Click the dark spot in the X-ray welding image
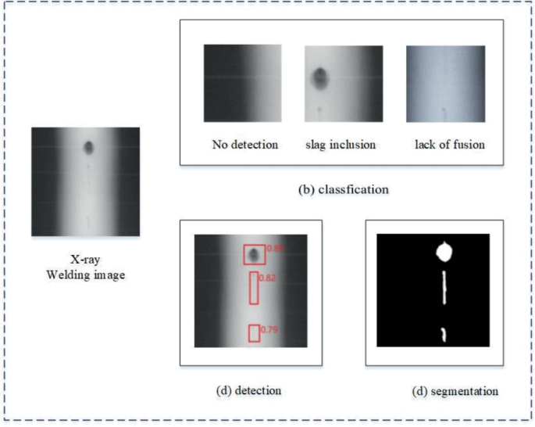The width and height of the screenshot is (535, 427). point(88,147)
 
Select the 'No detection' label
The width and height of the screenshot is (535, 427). point(244,145)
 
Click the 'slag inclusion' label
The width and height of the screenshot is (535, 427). point(341,145)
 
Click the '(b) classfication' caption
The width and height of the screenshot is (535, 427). point(344,189)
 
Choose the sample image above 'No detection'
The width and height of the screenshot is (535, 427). point(243,83)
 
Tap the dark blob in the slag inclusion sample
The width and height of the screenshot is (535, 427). point(319,77)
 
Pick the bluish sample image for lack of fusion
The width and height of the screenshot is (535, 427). point(445,83)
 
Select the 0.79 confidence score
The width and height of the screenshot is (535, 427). point(269,329)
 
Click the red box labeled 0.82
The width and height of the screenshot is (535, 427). point(254,288)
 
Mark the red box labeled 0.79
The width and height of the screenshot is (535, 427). point(254,333)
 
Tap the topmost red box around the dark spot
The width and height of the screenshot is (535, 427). point(254,255)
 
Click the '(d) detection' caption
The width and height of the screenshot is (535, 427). point(249,389)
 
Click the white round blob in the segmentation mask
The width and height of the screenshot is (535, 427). point(444,252)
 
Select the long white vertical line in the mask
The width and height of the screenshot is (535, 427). point(444,287)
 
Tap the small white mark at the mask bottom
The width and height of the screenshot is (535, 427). point(444,334)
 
